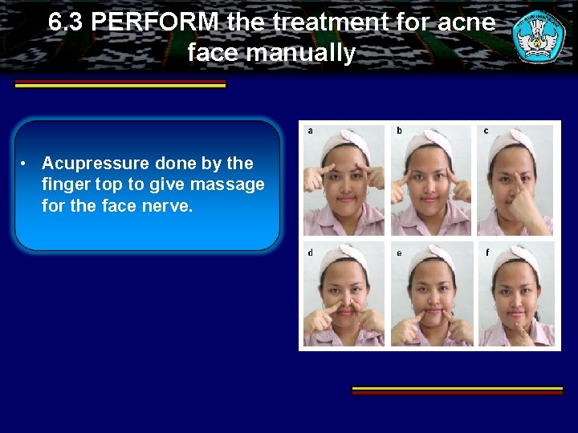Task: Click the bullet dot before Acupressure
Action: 26,164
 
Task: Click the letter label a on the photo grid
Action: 311,130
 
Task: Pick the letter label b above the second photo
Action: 400,130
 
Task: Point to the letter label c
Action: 486,130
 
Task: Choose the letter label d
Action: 311,253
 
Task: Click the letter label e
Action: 399,253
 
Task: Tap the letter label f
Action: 486,253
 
